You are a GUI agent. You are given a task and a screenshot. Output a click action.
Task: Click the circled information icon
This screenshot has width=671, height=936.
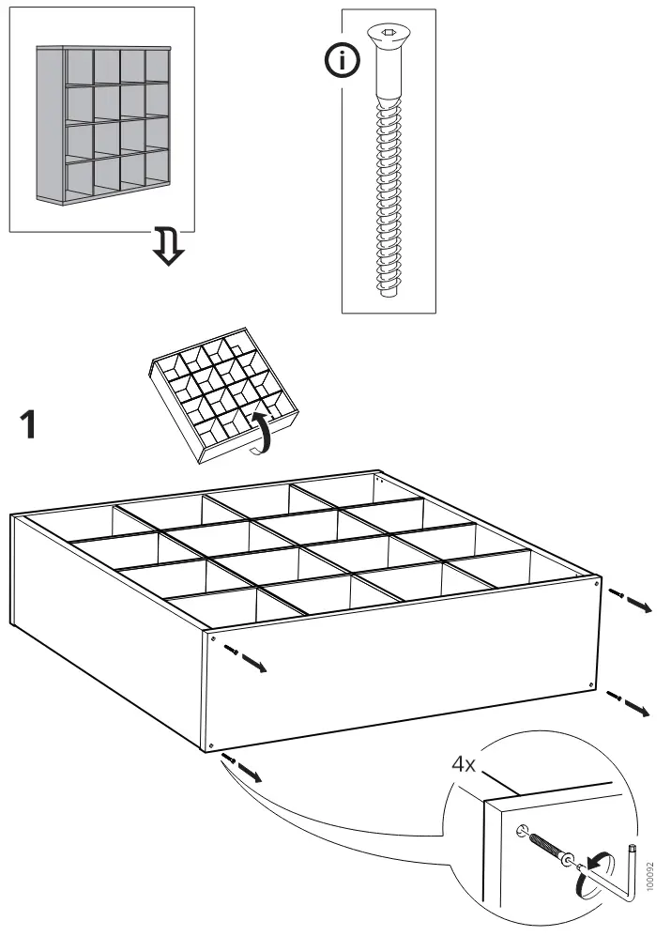coord(348,62)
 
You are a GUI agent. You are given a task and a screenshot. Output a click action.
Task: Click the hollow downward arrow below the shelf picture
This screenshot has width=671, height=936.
coord(169,246)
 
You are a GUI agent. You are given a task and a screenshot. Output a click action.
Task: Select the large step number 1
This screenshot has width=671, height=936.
coord(30,425)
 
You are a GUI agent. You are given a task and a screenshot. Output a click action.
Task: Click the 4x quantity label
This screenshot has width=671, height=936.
coord(465,764)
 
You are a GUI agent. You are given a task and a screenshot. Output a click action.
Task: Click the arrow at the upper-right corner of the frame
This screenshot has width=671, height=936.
coord(630,600)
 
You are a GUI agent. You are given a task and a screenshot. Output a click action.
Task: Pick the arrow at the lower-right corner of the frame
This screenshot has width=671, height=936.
coord(629,703)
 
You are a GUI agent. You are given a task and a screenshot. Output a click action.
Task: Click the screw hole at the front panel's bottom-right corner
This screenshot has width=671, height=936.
coord(590,686)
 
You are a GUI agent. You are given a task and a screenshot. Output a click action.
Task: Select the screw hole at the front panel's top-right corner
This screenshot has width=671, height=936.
coord(596,583)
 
